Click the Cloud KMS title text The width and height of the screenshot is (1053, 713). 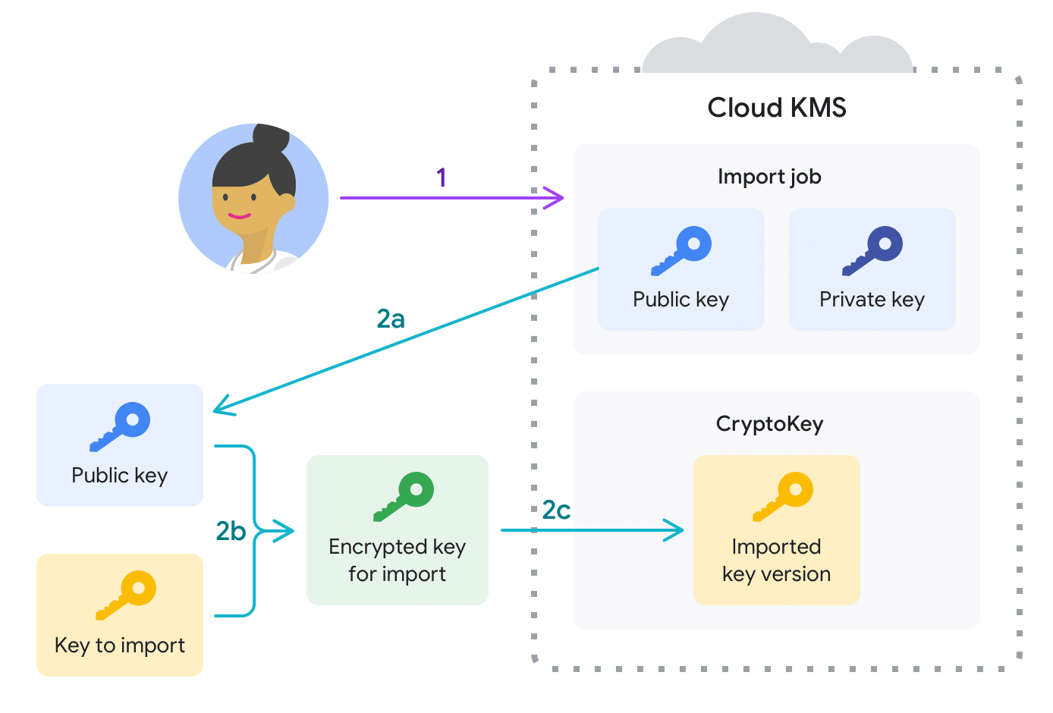click(x=776, y=108)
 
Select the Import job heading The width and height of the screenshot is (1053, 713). click(x=769, y=177)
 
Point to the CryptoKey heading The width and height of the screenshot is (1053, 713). click(x=769, y=423)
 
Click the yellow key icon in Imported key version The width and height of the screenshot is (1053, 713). click(x=783, y=497)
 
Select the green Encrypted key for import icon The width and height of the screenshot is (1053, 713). click(x=404, y=497)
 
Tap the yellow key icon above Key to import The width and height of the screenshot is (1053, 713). click(x=126, y=595)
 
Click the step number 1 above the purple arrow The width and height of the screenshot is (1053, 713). click(x=442, y=177)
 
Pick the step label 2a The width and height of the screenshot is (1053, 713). click(x=391, y=319)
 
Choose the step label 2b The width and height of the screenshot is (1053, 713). click(x=231, y=531)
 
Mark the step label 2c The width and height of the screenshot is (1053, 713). click(x=556, y=510)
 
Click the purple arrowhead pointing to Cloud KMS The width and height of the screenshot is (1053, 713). click(x=558, y=198)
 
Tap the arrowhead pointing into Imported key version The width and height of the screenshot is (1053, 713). click(x=677, y=530)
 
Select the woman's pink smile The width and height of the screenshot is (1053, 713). click(x=239, y=216)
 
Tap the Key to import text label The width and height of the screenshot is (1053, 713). click(x=120, y=645)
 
